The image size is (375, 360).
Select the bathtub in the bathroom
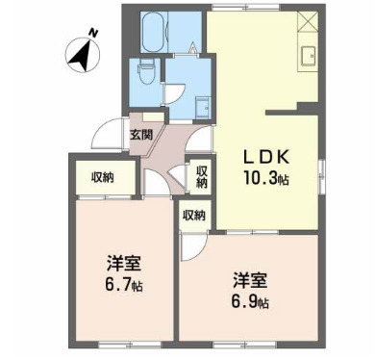(x=155, y=34)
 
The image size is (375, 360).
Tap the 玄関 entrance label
(x=141, y=134)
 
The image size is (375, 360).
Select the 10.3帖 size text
(x=266, y=178)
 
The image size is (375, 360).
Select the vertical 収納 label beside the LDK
(x=202, y=176)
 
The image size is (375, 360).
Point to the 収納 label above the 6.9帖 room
(x=193, y=216)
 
